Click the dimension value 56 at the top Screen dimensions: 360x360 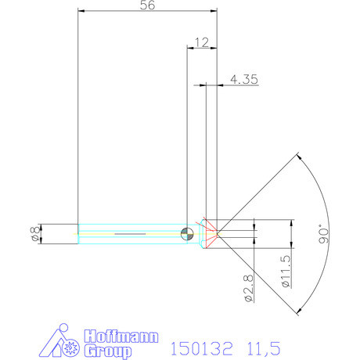[147, 5]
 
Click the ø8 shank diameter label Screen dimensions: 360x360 [33, 233]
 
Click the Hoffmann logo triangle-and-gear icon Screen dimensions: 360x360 [60, 342]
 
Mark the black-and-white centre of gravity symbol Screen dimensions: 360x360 [185, 233]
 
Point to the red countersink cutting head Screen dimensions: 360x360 [209, 233]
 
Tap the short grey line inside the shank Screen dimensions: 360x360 [131, 233]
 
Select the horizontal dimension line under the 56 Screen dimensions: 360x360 [147, 13]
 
